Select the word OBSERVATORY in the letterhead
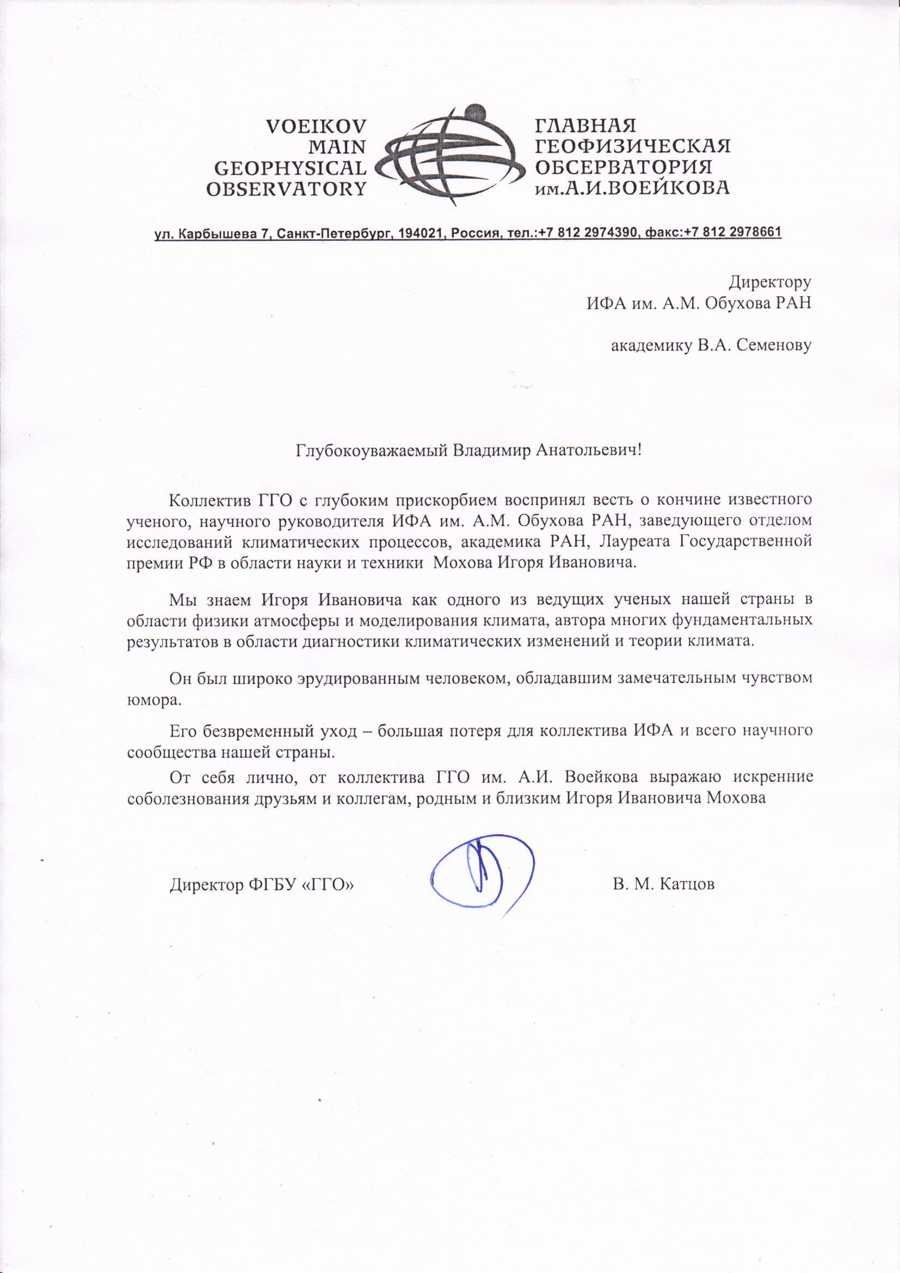(x=286, y=188)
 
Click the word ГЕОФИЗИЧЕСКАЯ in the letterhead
(x=632, y=146)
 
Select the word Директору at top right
(x=769, y=282)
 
